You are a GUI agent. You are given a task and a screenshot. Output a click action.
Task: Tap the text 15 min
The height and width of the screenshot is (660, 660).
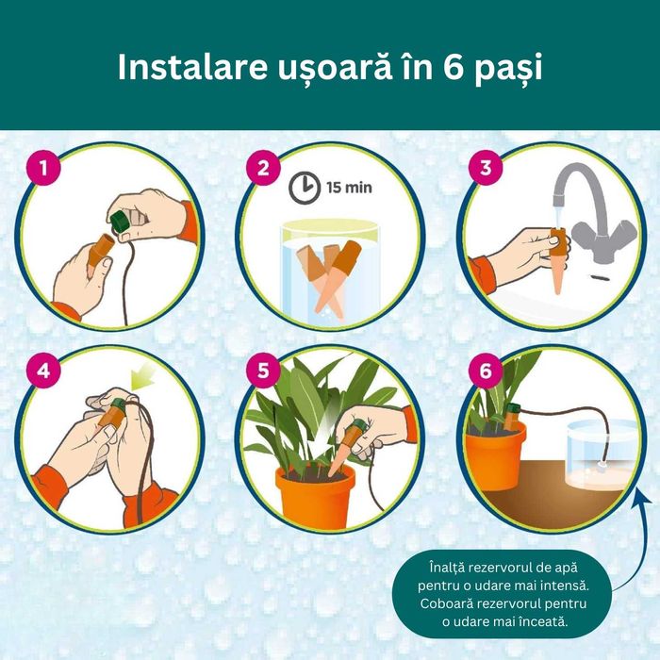tap(349, 187)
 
